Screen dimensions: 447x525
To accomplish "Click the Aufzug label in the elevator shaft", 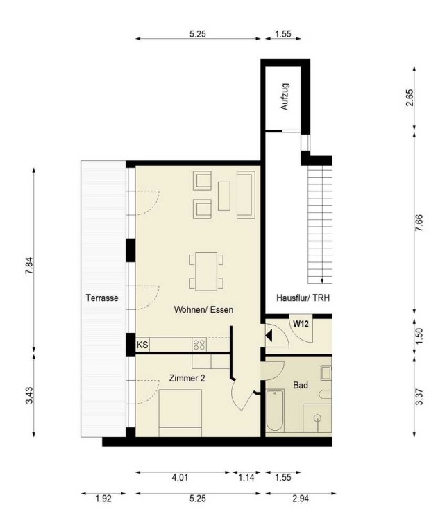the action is (x=285, y=97).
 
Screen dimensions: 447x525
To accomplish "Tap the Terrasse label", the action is (x=102, y=298).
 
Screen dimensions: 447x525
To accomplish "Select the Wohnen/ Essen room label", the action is (x=203, y=310).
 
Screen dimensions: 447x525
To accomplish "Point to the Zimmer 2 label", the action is (x=187, y=379).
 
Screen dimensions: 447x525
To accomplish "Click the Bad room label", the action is (x=301, y=386).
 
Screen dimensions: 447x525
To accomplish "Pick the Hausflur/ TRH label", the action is (x=303, y=298).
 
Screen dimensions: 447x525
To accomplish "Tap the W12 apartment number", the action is (x=301, y=324).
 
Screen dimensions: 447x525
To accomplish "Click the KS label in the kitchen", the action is (x=142, y=345).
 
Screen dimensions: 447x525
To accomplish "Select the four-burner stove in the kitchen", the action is (x=199, y=345).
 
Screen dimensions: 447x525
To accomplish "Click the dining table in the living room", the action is (x=206, y=272).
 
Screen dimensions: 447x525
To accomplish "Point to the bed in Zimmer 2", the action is (x=180, y=413).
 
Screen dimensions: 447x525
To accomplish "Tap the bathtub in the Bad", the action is (x=275, y=411).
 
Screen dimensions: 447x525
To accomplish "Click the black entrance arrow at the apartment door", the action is (x=269, y=336).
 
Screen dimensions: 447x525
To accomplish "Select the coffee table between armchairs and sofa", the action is (x=224, y=196).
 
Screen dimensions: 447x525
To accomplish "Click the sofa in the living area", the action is (x=246, y=195).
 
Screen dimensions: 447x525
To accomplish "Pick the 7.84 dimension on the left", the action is (x=29, y=266).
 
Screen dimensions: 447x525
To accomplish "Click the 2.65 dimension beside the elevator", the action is (x=410, y=98).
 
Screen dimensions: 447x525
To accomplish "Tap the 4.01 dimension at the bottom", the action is (x=180, y=477).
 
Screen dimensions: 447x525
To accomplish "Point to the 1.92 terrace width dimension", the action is (x=103, y=499).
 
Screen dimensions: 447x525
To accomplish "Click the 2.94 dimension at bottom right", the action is (x=301, y=499).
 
